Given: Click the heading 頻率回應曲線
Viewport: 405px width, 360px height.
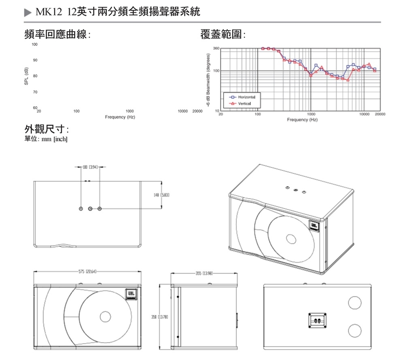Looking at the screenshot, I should [57, 35].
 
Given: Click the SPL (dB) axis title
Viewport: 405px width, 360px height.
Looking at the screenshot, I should [26, 76].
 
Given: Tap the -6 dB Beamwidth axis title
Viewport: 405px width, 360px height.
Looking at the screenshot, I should [208, 80].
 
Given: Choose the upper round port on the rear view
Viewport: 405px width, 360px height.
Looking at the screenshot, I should [354, 302].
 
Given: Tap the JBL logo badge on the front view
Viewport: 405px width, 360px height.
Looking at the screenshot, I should [131, 294].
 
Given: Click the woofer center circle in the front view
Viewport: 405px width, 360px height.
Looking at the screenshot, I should [104, 317].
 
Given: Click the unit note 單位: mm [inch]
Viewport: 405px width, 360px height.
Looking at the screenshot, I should [46, 139].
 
